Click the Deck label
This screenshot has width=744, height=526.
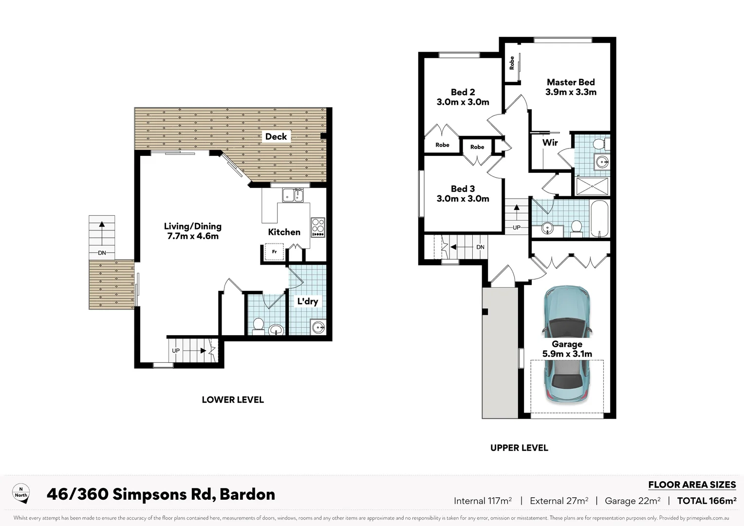pyautogui.click(x=276, y=136)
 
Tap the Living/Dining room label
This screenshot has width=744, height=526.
pyautogui.click(x=193, y=226)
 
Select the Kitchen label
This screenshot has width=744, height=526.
pyautogui.click(x=284, y=232)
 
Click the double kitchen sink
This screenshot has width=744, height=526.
pyautogui.click(x=293, y=195)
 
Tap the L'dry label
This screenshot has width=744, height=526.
pyautogui.click(x=308, y=301)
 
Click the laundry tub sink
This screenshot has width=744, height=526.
pyautogui.click(x=318, y=327)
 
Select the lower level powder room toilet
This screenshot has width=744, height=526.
pyautogui.click(x=258, y=326)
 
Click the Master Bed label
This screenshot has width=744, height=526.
pyautogui.click(x=571, y=82)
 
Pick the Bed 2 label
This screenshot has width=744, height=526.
pyautogui.click(x=463, y=92)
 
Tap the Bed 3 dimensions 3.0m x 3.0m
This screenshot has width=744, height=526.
pyautogui.click(x=463, y=199)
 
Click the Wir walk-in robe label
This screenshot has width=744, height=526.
pyautogui.click(x=550, y=143)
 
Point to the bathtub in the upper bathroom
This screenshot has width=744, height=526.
pyautogui.click(x=600, y=218)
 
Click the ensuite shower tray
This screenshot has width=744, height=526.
pyautogui.click(x=592, y=187)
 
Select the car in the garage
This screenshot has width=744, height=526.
pyautogui.click(x=567, y=344)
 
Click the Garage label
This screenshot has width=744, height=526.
pyautogui.click(x=567, y=344)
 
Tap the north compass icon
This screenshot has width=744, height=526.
pyautogui.click(x=21, y=493)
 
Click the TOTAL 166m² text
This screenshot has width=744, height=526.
pyautogui.click(x=707, y=501)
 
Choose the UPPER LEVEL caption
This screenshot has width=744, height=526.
pyautogui.click(x=519, y=448)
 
